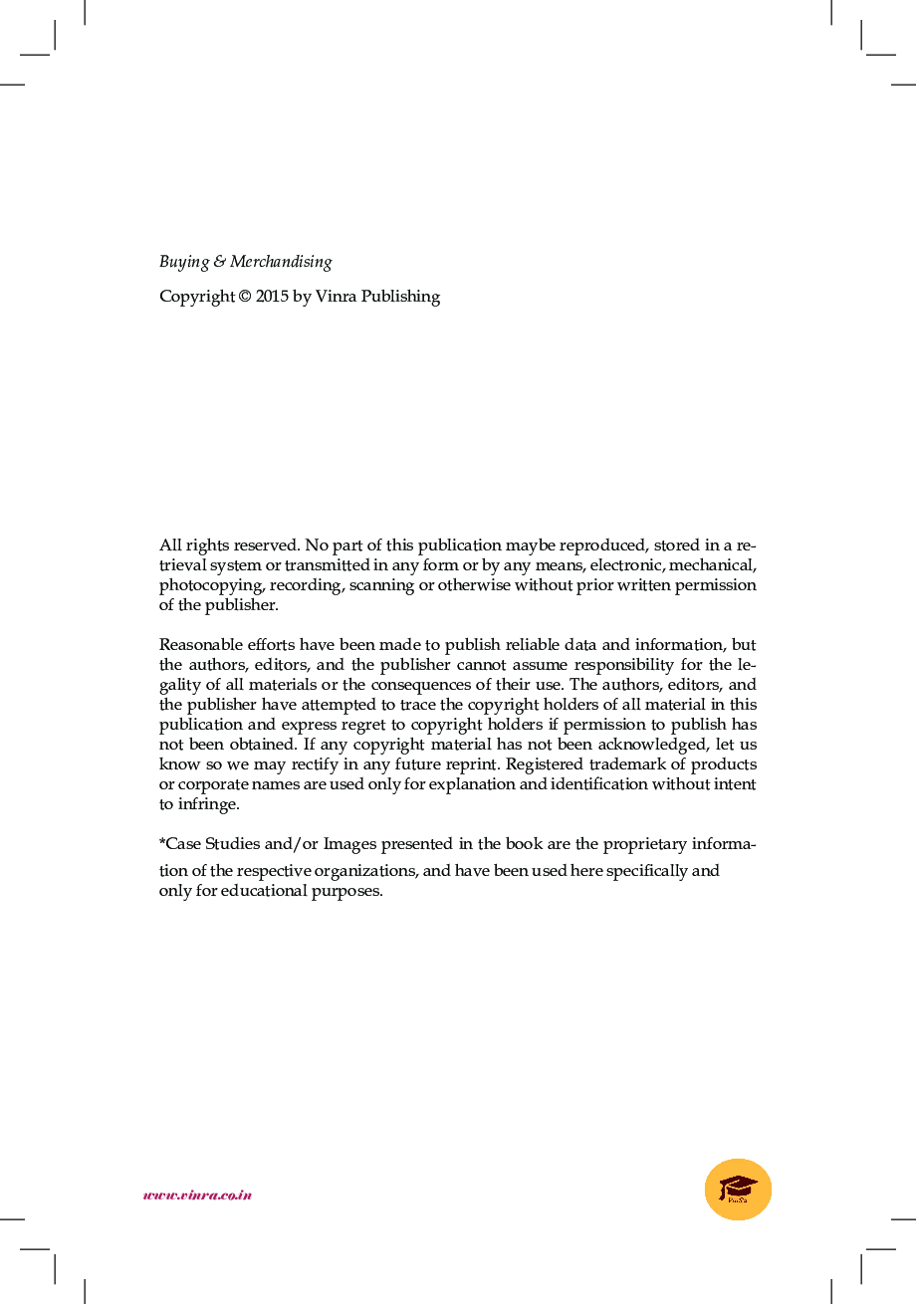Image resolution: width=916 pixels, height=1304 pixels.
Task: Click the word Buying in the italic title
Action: (x=184, y=263)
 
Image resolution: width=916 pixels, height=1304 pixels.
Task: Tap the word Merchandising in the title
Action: (x=281, y=263)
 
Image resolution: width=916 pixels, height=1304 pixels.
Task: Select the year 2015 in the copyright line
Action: (x=272, y=297)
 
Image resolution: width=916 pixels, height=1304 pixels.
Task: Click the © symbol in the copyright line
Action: (x=244, y=297)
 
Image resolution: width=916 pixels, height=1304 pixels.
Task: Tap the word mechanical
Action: (x=717, y=565)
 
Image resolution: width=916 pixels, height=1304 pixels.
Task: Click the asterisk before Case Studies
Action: (x=162, y=842)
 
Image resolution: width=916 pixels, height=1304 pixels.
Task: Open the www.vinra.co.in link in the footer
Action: (x=197, y=1195)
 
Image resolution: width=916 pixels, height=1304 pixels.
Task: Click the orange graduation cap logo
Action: (x=738, y=1190)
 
